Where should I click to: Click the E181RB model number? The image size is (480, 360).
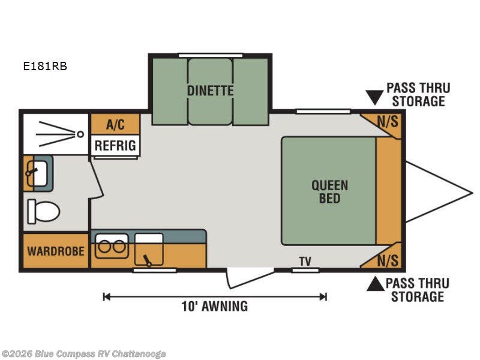[x=45, y=66]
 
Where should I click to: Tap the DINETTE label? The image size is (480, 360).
[x=211, y=91]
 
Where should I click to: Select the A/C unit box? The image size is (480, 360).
[x=115, y=124]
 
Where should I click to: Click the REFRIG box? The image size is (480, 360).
[x=115, y=145]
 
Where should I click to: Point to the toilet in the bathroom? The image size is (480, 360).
[x=43, y=211]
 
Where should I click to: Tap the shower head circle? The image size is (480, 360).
[x=80, y=134]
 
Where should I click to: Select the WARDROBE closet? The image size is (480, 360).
[x=56, y=251]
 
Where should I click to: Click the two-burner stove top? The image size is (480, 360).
[x=112, y=246]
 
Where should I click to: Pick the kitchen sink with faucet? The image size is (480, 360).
[x=149, y=249]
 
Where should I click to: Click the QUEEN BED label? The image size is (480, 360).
[x=329, y=191]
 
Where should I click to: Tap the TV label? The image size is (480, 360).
[x=305, y=262]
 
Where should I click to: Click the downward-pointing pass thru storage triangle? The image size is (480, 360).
[x=374, y=97]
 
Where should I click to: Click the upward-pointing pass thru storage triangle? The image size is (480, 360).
[x=376, y=284]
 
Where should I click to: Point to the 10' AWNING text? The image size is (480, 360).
[x=215, y=306]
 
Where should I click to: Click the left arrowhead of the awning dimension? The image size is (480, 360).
[x=106, y=296]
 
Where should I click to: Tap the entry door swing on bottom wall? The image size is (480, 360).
[x=250, y=278]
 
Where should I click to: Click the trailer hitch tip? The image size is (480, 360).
[x=472, y=193]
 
